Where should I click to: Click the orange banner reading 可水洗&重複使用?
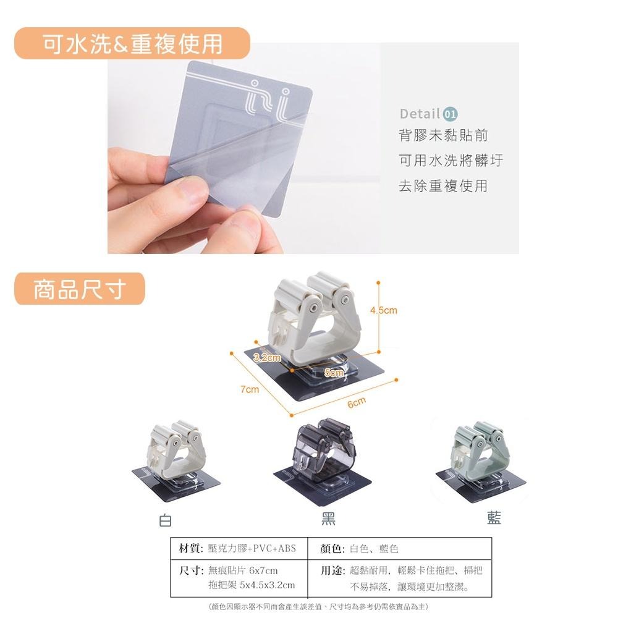pos(132,44)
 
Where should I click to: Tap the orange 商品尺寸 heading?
pos(80,289)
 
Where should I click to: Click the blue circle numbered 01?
pos(451,114)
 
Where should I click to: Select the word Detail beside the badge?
pos(420,114)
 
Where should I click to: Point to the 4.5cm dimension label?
pos(383,310)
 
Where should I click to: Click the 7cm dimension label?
pos(250,390)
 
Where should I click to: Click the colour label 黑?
pos(328,519)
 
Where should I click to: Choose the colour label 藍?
pos(494,519)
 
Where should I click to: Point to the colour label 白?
pos(165,520)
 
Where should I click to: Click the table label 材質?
pos(188,549)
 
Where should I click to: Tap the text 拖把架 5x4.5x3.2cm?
pos(252,585)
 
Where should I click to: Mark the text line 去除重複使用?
pos(443,185)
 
